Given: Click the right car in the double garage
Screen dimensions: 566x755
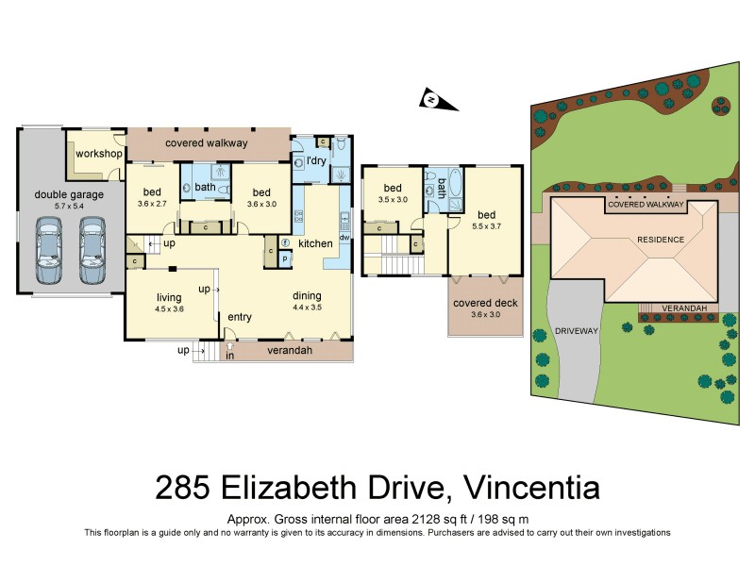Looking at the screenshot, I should click(x=92, y=251).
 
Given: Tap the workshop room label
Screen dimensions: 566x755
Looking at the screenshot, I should click(x=99, y=154).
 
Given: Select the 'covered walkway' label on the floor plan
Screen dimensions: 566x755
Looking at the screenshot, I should click(x=206, y=143).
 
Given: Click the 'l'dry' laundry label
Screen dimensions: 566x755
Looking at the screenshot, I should click(x=316, y=161).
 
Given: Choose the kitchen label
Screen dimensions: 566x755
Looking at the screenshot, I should click(x=315, y=243).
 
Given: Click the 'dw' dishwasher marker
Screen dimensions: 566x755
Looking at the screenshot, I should click(x=344, y=238).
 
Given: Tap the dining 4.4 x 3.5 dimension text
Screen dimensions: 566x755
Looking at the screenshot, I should click(x=307, y=307).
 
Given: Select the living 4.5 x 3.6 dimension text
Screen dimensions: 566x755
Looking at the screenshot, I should click(x=169, y=309).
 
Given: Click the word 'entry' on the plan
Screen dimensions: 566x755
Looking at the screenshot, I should click(x=240, y=317).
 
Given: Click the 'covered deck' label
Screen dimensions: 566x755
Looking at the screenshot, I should click(x=485, y=303).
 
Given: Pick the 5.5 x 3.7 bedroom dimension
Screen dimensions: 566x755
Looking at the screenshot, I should click(x=485, y=227).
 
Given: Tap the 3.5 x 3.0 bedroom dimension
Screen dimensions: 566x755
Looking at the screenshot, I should click(x=392, y=200).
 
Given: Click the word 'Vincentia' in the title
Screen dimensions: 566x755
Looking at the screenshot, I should click(x=521, y=489).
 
